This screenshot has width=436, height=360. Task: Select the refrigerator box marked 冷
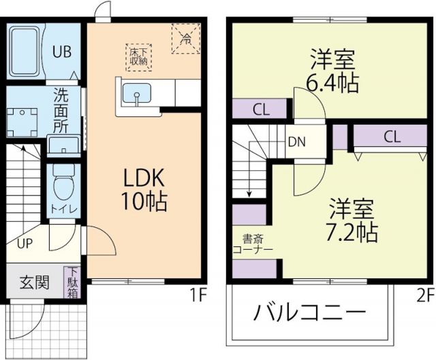tap(185, 37)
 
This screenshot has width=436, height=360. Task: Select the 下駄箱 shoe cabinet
tap(72, 282)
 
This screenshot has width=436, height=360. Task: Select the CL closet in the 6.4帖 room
tap(260, 109)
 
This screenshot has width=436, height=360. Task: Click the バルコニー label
tap(310, 314)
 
